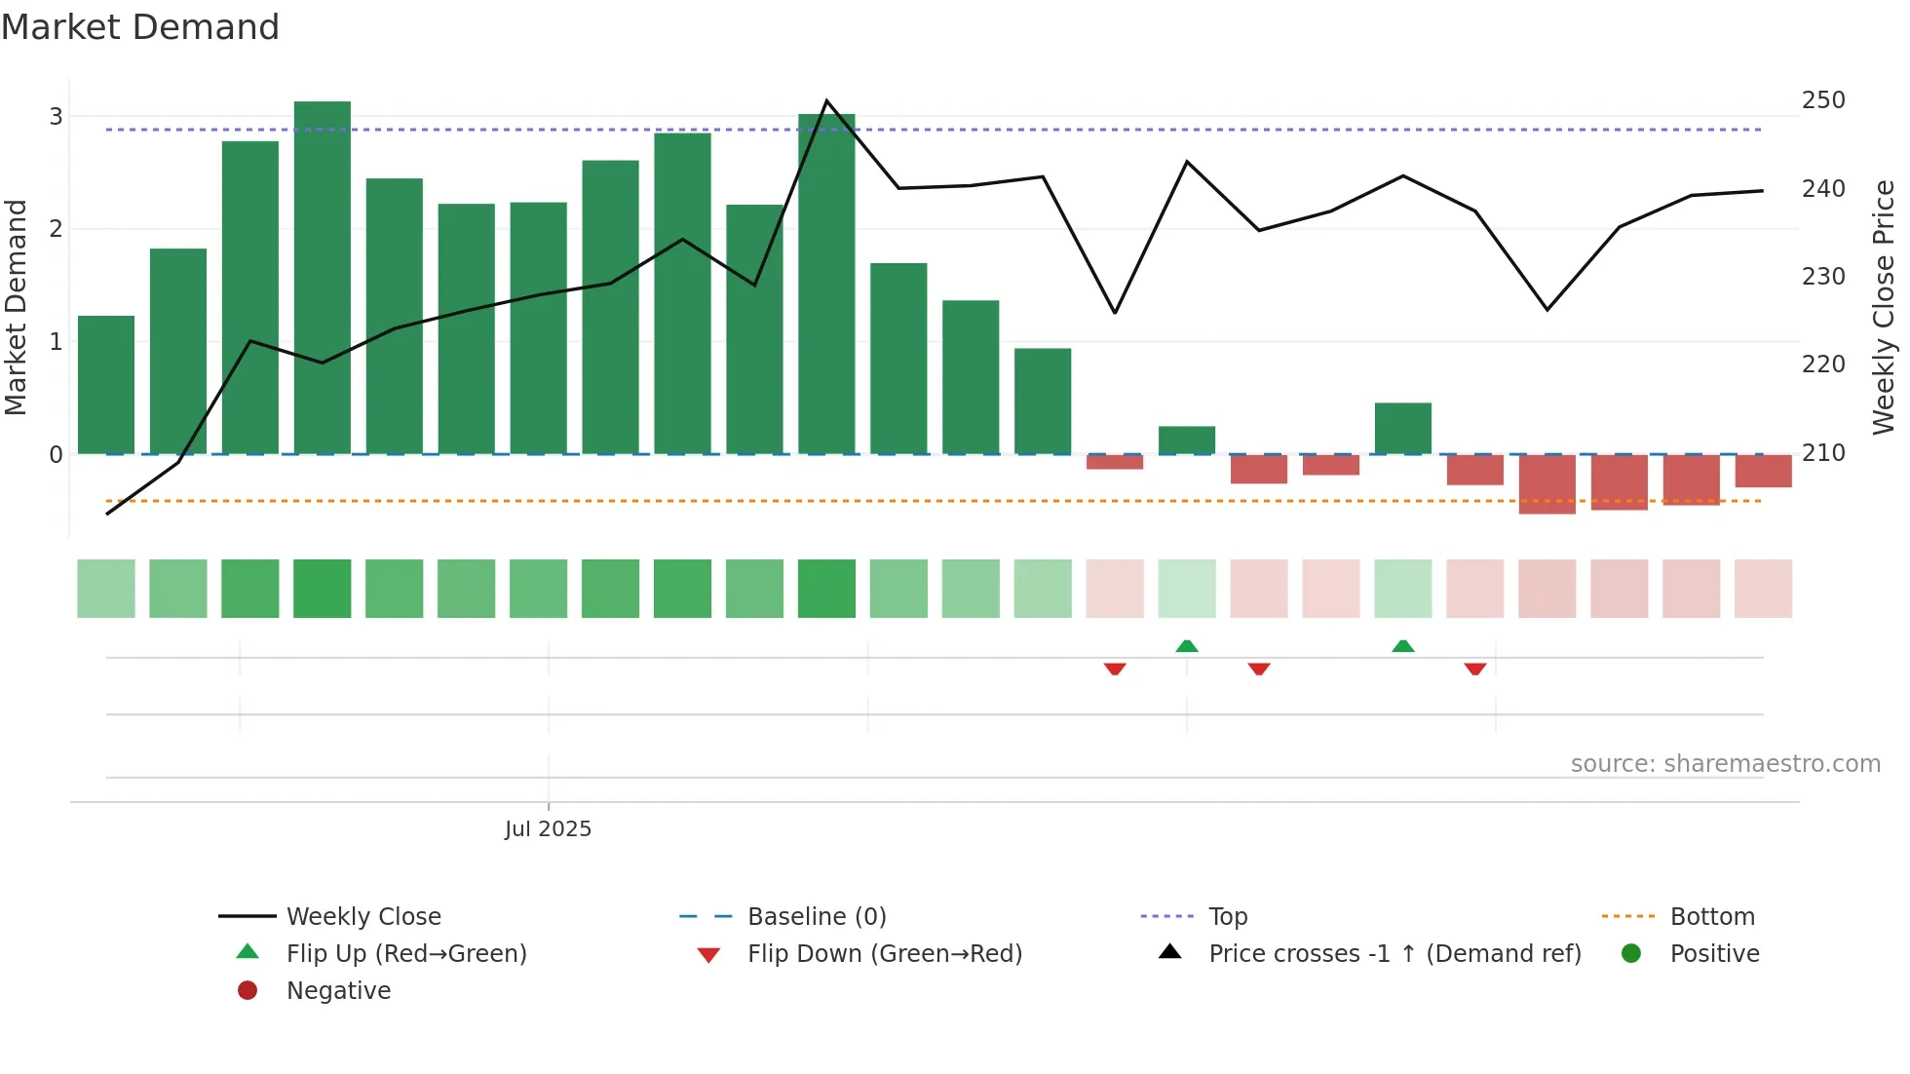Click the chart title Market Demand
(x=140, y=27)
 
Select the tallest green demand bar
(x=323, y=278)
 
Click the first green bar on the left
(x=106, y=385)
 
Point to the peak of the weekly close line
(x=826, y=101)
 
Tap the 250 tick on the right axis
(x=1823, y=100)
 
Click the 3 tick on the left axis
(x=57, y=117)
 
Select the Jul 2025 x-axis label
(x=548, y=829)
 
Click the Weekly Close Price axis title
(x=1884, y=307)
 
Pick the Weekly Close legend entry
(x=363, y=917)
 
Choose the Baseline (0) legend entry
(x=817, y=917)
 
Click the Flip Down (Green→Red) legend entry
(x=884, y=954)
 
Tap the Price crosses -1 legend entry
(x=1394, y=954)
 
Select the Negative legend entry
(x=338, y=991)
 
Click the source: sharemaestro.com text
(x=1725, y=764)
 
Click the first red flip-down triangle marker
(x=1115, y=669)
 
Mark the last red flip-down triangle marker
(x=1475, y=669)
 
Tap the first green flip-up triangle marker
(x=1187, y=646)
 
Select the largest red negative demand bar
(x=1547, y=484)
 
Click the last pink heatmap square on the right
(x=1763, y=589)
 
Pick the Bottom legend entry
(x=1712, y=917)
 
